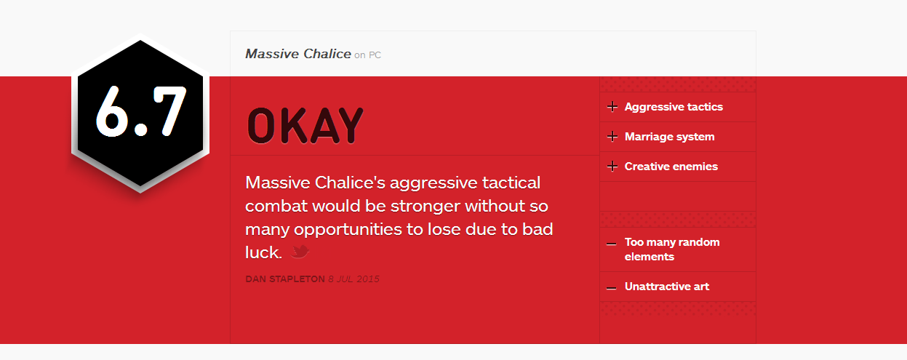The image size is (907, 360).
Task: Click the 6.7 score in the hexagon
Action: (x=141, y=111)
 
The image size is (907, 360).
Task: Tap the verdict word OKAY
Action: (x=305, y=126)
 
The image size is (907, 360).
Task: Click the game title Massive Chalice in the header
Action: (x=298, y=54)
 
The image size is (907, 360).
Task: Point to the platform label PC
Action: (x=375, y=55)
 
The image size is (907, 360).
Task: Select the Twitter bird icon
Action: (x=300, y=252)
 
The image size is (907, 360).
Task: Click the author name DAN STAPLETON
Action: (x=285, y=279)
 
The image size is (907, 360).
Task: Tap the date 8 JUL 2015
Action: (x=354, y=279)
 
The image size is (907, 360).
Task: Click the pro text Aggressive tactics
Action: (x=674, y=107)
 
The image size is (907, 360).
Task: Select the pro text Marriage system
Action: (x=669, y=137)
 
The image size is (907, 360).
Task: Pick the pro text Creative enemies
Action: (x=671, y=167)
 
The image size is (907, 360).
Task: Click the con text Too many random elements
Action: (x=672, y=249)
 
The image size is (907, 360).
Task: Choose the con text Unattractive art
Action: (x=666, y=287)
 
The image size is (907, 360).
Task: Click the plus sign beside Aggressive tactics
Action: (x=612, y=107)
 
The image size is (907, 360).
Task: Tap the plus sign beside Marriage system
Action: (x=612, y=137)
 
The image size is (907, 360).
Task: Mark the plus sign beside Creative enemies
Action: (x=612, y=167)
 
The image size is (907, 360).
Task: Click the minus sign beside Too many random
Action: (x=612, y=244)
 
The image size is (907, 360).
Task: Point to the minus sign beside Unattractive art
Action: (x=612, y=288)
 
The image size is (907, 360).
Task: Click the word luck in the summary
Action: (x=263, y=252)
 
